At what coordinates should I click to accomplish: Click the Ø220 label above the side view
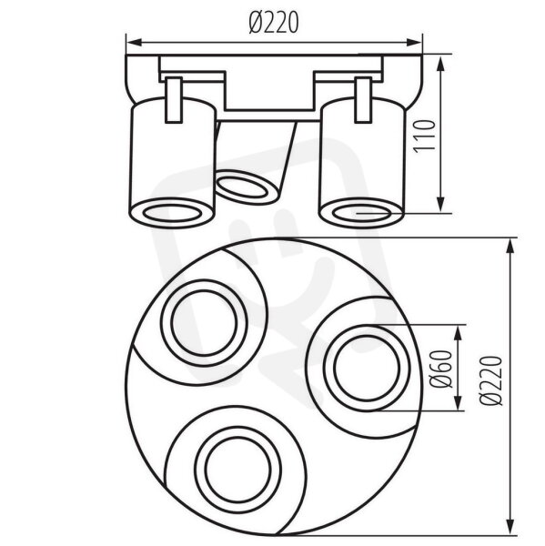(x=274, y=23)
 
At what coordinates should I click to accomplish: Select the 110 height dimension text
(x=425, y=136)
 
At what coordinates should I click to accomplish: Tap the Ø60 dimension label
(x=441, y=369)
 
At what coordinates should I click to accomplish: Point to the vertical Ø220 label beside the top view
(x=491, y=381)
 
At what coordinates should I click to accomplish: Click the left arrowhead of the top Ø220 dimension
(x=134, y=43)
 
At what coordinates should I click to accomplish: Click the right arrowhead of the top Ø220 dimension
(x=414, y=43)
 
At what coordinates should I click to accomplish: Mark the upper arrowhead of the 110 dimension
(x=441, y=64)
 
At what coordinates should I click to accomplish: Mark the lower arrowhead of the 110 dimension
(x=441, y=205)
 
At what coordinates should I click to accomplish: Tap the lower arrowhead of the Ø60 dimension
(x=459, y=402)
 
